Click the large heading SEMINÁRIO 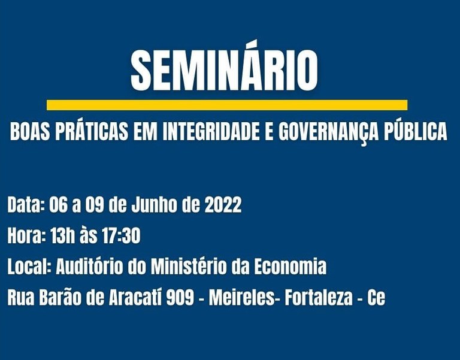tap(224, 70)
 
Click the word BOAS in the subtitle tap(31, 132)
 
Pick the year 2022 tap(223, 205)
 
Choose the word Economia tap(289, 267)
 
